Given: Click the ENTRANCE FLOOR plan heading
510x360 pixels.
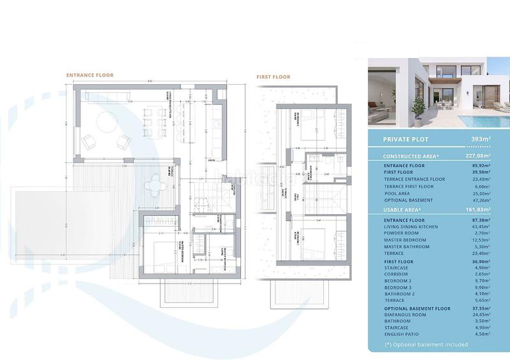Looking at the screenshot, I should tap(90, 75).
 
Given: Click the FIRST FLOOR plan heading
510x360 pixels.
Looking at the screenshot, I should tap(273, 77).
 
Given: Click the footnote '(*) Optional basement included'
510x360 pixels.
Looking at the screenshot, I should tap(426, 345).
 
